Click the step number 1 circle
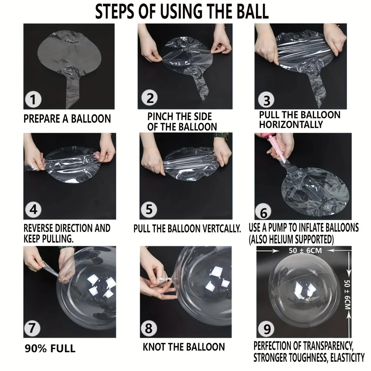33,99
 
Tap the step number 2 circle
150,98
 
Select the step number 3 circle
266,100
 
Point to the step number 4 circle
33,209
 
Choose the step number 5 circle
149,209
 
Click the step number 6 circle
263,211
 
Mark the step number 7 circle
32,328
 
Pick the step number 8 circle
149,328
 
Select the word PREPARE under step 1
42,119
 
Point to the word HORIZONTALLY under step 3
291,124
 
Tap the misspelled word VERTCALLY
215,229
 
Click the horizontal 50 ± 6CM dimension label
305,250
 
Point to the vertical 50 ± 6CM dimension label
347,294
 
